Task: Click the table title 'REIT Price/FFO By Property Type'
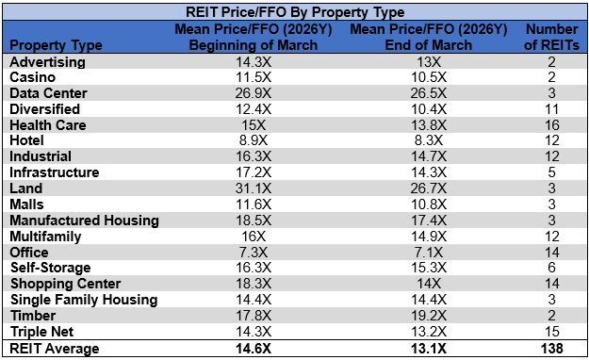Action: pyautogui.click(x=294, y=12)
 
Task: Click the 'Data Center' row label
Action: pyautogui.click(x=48, y=93)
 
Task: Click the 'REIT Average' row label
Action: pyautogui.click(x=50, y=349)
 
